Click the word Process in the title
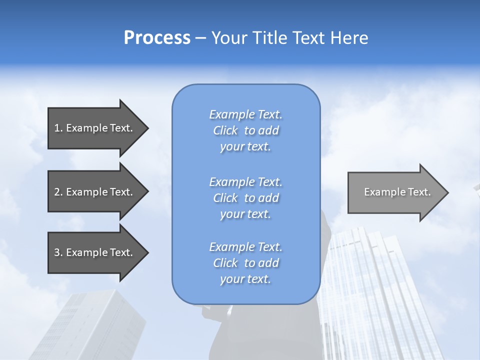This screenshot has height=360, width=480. (x=157, y=38)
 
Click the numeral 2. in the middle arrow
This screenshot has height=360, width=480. (x=58, y=192)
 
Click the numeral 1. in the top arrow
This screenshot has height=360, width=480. (x=58, y=128)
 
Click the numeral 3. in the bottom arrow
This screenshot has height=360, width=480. (x=58, y=252)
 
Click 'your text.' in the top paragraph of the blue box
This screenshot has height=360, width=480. (x=245, y=147)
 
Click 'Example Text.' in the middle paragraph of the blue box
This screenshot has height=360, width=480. (x=245, y=182)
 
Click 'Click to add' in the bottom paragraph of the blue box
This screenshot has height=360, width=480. (x=245, y=263)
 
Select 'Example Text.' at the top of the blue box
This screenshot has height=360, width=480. (x=245, y=114)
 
